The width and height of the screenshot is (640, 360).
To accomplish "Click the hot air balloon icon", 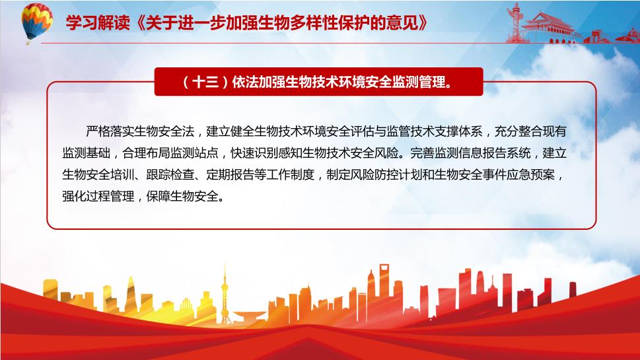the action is (36, 22).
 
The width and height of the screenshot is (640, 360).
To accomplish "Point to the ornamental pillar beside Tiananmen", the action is (515, 22).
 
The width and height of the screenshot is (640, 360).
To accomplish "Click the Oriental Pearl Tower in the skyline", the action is (225, 295).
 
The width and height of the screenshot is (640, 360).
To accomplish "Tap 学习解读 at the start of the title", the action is (98, 23).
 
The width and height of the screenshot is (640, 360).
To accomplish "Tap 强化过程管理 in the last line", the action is (98, 196).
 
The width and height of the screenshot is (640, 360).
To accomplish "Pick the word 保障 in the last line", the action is (158, 196).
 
